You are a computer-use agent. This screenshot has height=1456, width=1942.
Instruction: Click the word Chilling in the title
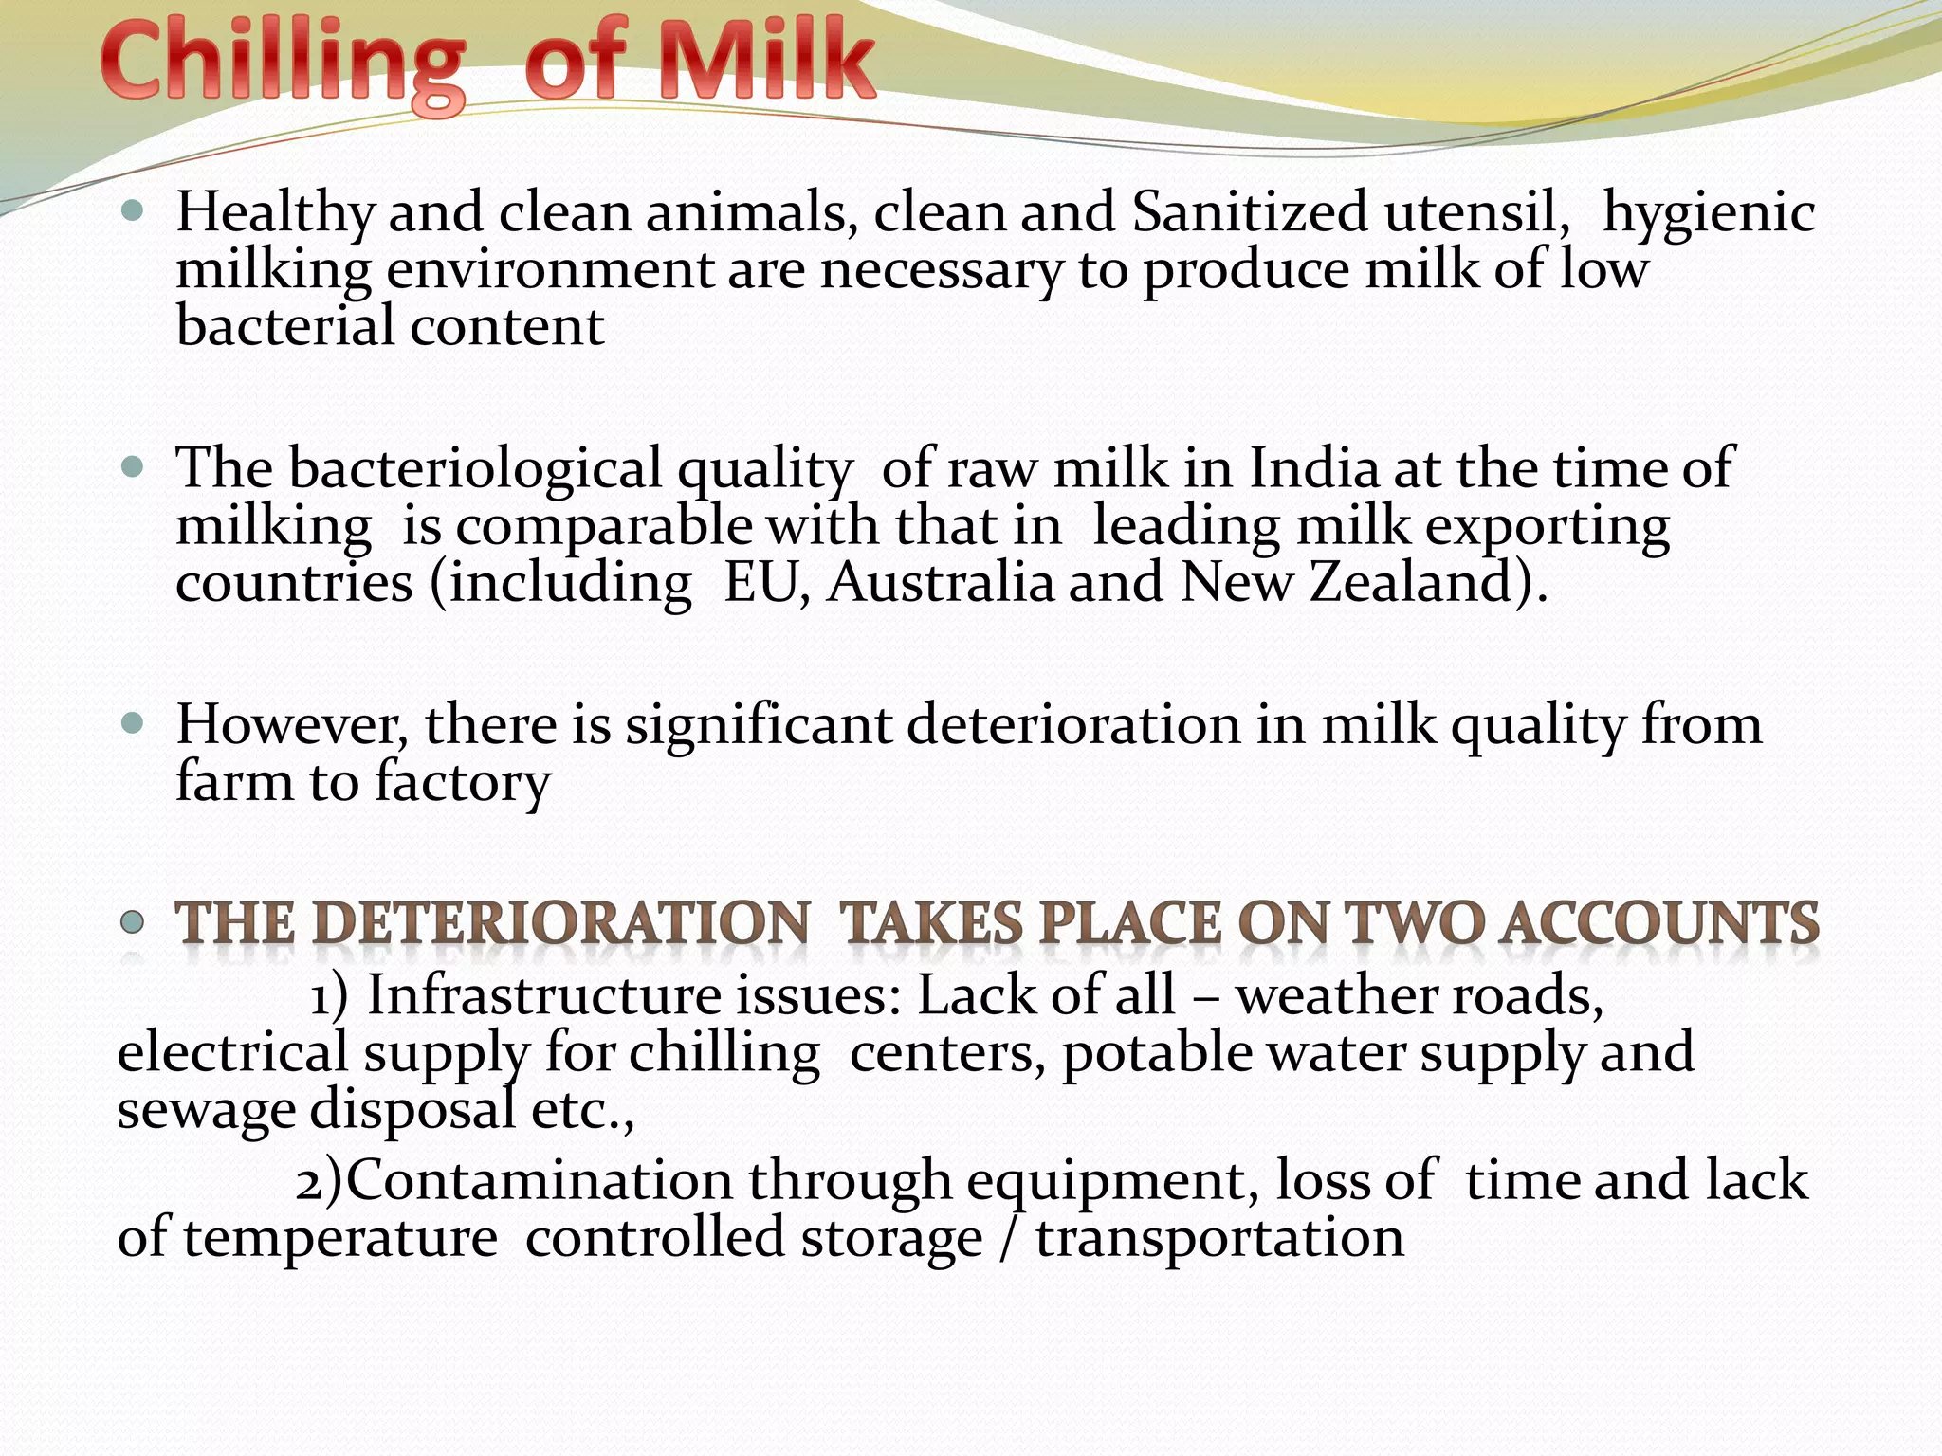pyautogui.click(x=283, y=64)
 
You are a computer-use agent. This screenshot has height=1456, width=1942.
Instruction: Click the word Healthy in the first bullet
pyautogui.click(x=275, y=212)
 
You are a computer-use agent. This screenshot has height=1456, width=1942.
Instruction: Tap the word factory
pyautogui.click(x=462, y=785)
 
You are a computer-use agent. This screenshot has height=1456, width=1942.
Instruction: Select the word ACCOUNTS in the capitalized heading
pyautogui.click(x=1659, y=923)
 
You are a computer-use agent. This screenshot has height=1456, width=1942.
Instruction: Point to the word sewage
pyautogui.click(x=207, y=1111)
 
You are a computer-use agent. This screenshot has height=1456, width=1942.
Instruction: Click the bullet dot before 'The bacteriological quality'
pyautogui.click(x=133, y=466)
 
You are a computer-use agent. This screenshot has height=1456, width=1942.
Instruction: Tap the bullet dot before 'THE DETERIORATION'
pyautogui.click(x=133, y=921)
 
